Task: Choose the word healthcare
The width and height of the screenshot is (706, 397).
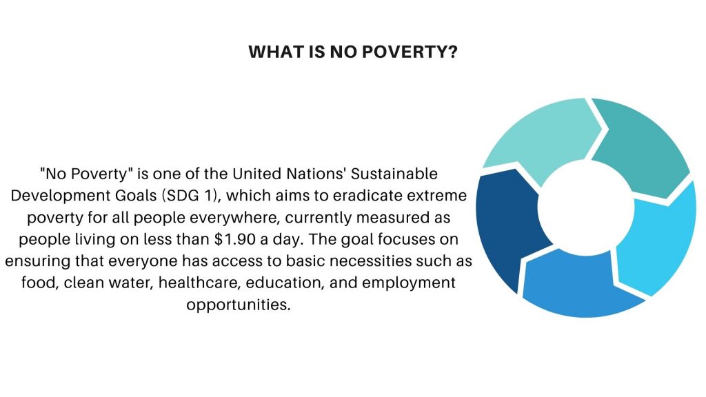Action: pyautogui.click(x=198, y=283)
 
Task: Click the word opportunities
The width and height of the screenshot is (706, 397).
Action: pyautogui.click(x=238, y=305)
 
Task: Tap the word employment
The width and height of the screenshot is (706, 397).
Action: pyautogui.click(x=409, y=283)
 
